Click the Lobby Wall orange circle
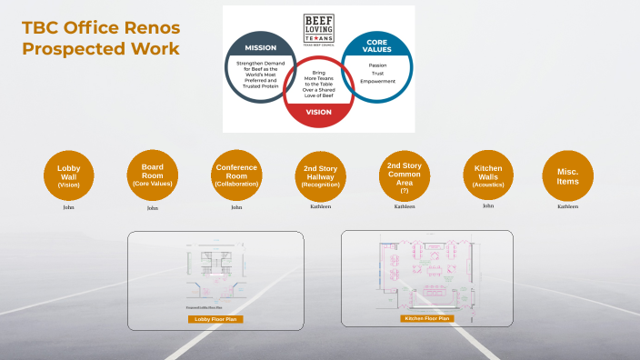[x=69, y=175]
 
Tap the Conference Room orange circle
[x=236, y=175]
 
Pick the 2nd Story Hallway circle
[x=320, y=175]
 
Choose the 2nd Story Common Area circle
[x=405, y=175]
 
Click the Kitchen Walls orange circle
[x=488, y=175]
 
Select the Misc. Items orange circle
[x=568, y=175]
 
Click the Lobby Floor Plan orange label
[x=215, y=319]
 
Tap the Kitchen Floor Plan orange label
[x=425, y=319]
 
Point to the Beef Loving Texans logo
[x=318, y=26]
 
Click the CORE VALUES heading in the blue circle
[x=377, y=46]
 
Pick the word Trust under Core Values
[x=377, y=74]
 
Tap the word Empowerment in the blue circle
[x=377, y=82]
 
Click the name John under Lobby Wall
[x=68, y=207]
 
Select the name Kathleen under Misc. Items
[x=568, y=206]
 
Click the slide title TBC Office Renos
[x=100, y=29]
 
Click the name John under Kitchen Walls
[x=488, y=206]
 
